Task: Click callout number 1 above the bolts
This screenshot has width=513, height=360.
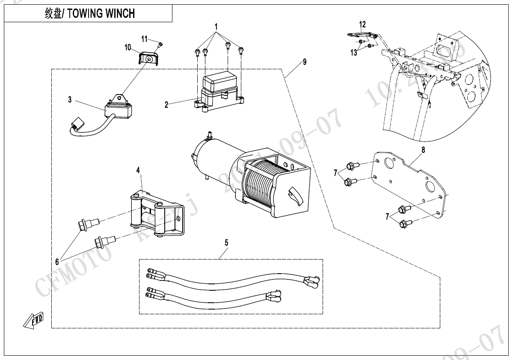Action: pos(216,27)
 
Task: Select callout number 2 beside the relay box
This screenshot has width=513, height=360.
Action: pos(166,104)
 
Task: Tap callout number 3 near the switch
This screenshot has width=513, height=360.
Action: pos(70,100)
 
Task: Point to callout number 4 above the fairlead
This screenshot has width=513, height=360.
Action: pos(138,170)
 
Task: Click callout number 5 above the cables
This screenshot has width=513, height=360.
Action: pos(226,242)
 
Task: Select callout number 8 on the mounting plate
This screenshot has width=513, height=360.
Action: pos(423,150)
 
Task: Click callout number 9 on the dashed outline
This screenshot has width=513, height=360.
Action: pos(304,62)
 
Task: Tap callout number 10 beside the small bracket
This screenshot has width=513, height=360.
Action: pos(128,48)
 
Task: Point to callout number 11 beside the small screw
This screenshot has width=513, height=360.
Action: pos(145,39)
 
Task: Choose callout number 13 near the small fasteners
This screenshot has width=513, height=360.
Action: pos(354,53)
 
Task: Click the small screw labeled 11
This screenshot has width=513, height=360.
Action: pos(160,44)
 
